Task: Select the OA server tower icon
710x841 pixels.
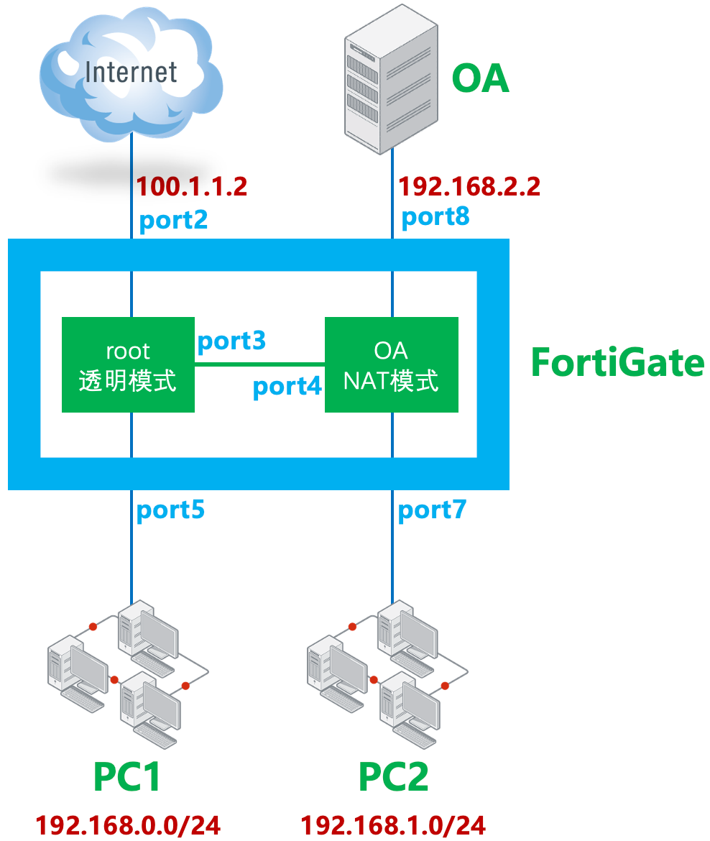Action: pyautogui.click(x=390, y=77)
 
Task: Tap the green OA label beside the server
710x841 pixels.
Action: pyautogui.click(x=480, y=78)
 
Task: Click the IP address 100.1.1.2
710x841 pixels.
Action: pyautogui.click(x=192, y=187)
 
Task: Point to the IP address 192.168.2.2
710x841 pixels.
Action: pyautogui.click(x=469, y=187)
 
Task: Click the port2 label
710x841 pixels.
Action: pyautogui.click(x=173, y=219)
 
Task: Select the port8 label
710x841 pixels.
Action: pyautogui.click(x=435, y=216)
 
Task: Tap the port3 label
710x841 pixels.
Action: pyautogui.click(x=231, y=341)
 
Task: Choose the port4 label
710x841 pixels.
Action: pyautogui.click(x=287, y=387)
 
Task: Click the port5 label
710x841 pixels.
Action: pyautogui.click(x=170, y=510)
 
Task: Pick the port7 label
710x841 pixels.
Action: pyautogui.click(x=432, y=510)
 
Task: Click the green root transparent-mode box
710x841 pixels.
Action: pyautogui.click(x=128, y=365)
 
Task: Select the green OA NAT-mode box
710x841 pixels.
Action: pyautogui.click(x=391, y=365)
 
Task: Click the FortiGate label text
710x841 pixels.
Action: pyautogui.click(x=617, y=362)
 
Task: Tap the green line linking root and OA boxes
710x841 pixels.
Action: pyautogui.click(x=259, y=364)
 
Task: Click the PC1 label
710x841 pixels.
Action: pyautogui.click(x=127, y=777)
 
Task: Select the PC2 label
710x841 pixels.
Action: pyautogui.click(x=393, y=777)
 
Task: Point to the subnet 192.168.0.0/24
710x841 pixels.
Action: pyautogui.click(x=128, y=824)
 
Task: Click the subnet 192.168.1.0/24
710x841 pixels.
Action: pyautogui.click(x=393, y=824)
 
